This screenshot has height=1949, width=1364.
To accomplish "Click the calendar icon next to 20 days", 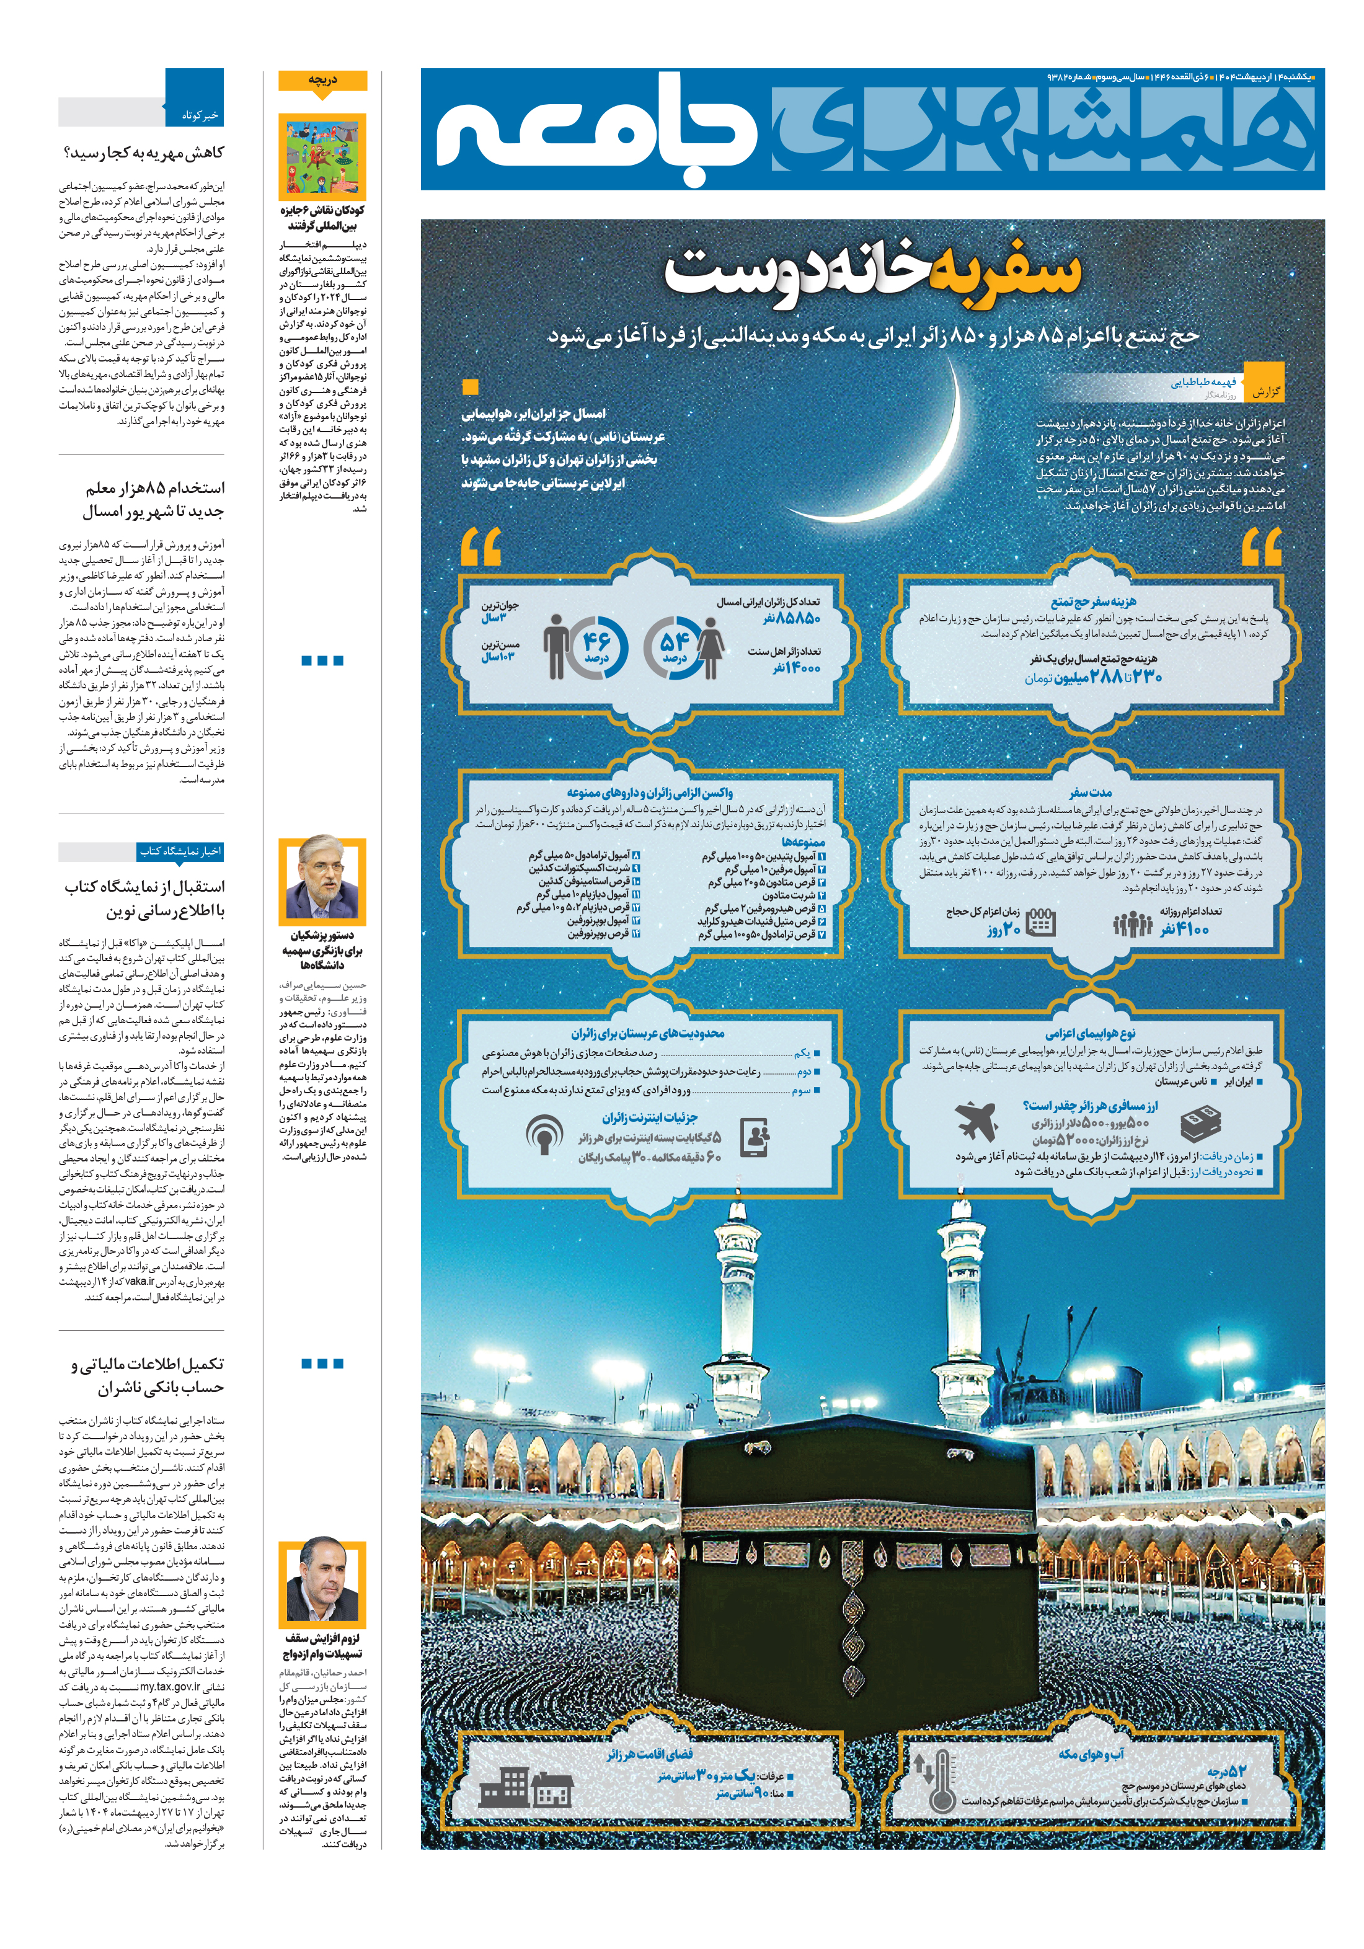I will coord(1040,922).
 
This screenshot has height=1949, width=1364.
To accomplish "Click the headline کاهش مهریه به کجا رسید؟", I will coord(144,153).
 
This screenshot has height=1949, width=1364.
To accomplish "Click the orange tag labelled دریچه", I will coord(322,80).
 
